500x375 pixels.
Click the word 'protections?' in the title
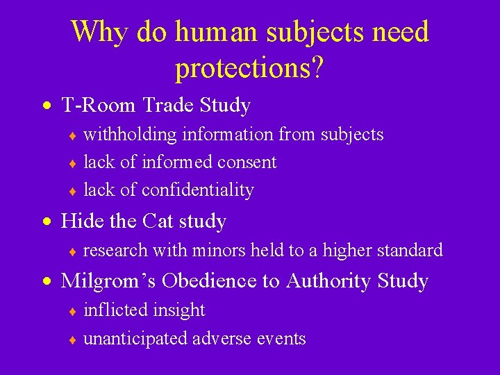tap(249, 68)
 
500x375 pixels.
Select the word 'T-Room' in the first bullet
tap(99, 106)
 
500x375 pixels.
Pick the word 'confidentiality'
tap(197, 190)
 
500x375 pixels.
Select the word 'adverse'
tap(219, 339)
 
